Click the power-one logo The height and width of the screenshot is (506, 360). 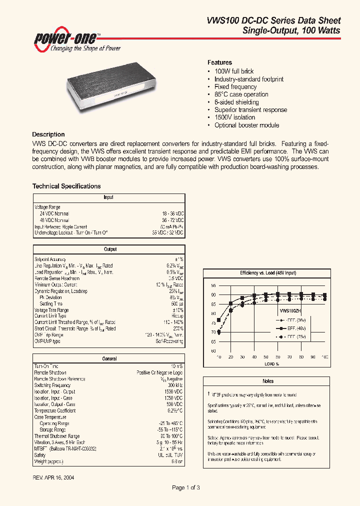74,40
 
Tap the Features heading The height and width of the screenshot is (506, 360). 219,62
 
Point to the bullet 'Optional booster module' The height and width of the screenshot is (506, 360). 246,125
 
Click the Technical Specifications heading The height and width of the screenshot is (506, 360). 66,186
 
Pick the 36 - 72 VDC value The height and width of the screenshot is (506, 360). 172,220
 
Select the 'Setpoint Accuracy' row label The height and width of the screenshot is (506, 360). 50,259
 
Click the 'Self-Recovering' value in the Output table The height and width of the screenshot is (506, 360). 169,341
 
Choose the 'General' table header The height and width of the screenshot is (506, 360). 109,358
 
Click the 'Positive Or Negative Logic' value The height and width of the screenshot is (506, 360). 159,372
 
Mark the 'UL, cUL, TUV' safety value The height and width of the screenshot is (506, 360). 170,455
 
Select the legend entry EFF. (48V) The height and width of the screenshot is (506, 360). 295,328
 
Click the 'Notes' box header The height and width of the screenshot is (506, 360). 268,381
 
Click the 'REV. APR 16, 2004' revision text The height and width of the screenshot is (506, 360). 53,477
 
